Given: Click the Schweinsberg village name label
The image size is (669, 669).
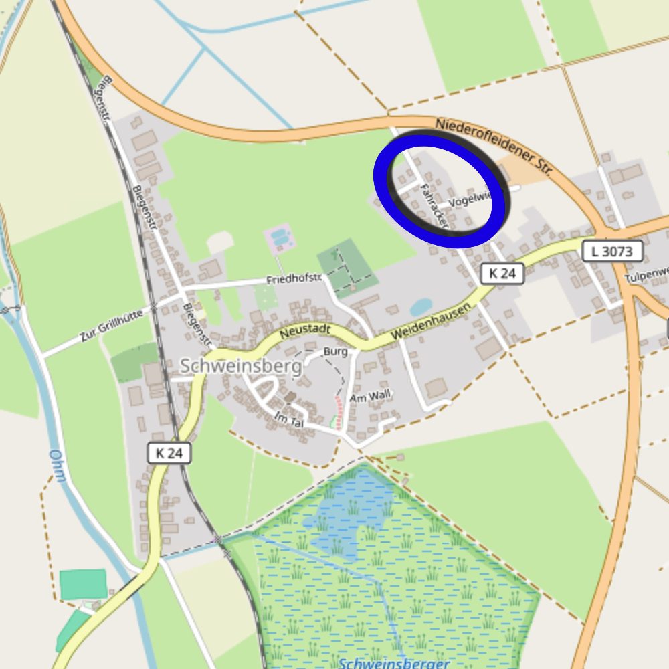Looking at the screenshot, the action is [227, 366].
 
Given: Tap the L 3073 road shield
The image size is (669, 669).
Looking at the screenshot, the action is [612, 252].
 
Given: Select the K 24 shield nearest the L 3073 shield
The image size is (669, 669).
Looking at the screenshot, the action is [502, 273].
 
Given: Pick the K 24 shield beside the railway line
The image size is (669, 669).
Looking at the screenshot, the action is [169, 453].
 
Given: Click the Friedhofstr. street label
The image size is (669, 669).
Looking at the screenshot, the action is [294, 278].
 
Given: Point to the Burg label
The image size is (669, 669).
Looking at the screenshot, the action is [335, 351].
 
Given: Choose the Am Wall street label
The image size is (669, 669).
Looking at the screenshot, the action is [370, 397].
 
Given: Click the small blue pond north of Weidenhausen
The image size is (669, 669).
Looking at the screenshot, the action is [421, 307].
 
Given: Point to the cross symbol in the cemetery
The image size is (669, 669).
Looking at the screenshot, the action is [335, 255].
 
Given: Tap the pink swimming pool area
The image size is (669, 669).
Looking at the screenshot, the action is [280, 236].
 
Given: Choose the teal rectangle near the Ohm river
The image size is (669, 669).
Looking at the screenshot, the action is [83, 584].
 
